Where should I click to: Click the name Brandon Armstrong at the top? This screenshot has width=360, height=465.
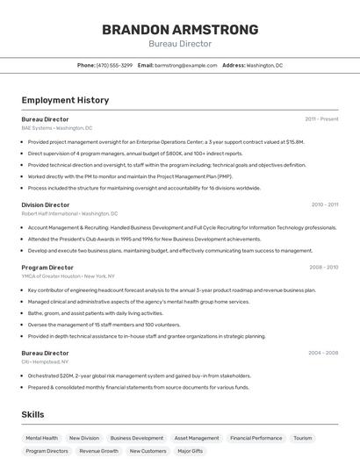(x=180, y=30)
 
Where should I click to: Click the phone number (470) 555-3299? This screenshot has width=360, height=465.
(x=114, y=65)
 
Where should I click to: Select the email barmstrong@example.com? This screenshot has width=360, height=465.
(x=185, y=65)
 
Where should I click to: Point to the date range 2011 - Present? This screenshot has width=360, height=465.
(x=321, y=118)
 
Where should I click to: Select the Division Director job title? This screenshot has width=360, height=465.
(x=46, y=204)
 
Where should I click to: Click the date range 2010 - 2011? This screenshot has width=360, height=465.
(x=324, y=204)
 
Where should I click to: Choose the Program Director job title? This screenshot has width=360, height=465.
(x=47, y=267)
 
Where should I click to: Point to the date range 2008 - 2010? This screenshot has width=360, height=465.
(x=323, y=267)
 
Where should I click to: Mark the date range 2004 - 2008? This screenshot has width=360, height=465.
(x=323, y=353)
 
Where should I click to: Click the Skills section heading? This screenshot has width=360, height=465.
(x=32, y=414)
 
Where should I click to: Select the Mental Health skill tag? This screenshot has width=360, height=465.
(x=42, y=438)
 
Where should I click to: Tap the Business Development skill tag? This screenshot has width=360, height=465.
(x=136, y=438)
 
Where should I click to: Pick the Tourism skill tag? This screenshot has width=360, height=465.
(x=303, y=438)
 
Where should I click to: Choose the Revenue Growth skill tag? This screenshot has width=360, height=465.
(x=98, y=451)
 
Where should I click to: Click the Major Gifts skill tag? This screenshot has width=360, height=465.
(x=191, y=451)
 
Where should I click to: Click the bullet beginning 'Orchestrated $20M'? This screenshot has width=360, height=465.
(x=139, y=375)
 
